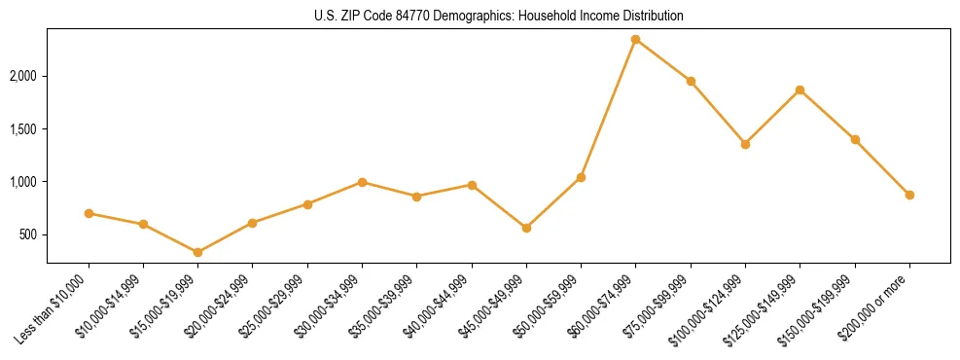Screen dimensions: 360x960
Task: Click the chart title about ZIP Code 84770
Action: (499, 17)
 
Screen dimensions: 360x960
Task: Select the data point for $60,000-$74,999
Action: (636, 40)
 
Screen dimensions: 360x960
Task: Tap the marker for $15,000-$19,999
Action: (198, 253)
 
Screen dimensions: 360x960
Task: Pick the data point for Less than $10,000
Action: (89, 213)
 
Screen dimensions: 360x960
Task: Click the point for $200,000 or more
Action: (909, 195)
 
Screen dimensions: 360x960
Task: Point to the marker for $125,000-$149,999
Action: (800, 90)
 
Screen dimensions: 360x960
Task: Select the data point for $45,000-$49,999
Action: (526, 228)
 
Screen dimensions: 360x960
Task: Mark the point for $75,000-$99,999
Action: (691, 81)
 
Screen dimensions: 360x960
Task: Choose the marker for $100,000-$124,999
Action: (745, 144)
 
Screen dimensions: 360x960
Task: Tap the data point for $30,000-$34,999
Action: (362, 182)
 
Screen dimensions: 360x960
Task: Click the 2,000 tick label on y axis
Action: (24, 76)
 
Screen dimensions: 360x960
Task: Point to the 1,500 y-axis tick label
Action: (24, 128)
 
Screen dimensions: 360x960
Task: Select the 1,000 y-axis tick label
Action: (24, 182)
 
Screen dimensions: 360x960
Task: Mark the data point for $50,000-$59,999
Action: (581, 177)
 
